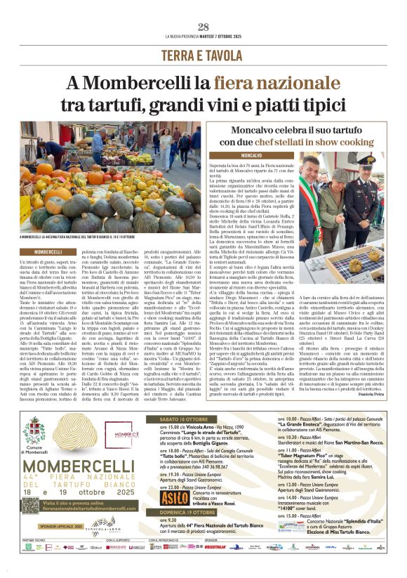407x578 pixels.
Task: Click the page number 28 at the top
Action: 203,27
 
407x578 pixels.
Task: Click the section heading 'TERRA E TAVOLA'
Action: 203,55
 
